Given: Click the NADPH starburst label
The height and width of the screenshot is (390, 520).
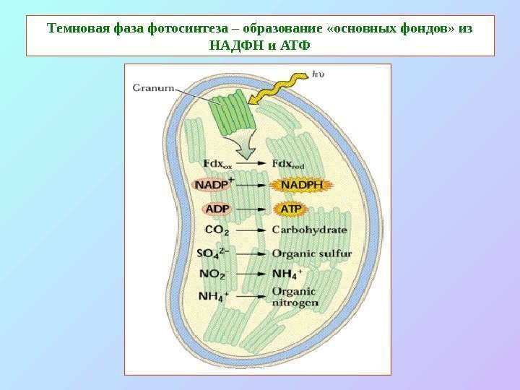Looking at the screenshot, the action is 302,186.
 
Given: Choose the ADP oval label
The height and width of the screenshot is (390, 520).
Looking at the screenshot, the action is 217,209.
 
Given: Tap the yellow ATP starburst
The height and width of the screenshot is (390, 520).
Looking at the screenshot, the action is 290,209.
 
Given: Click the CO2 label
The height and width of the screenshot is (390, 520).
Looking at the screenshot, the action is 217,230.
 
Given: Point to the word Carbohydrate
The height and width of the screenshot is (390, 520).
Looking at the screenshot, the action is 310,230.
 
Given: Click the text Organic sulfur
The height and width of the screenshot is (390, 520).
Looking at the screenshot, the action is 312,253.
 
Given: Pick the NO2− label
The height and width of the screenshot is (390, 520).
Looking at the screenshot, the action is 214,274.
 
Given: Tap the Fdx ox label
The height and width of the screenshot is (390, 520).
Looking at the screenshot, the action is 217,165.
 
